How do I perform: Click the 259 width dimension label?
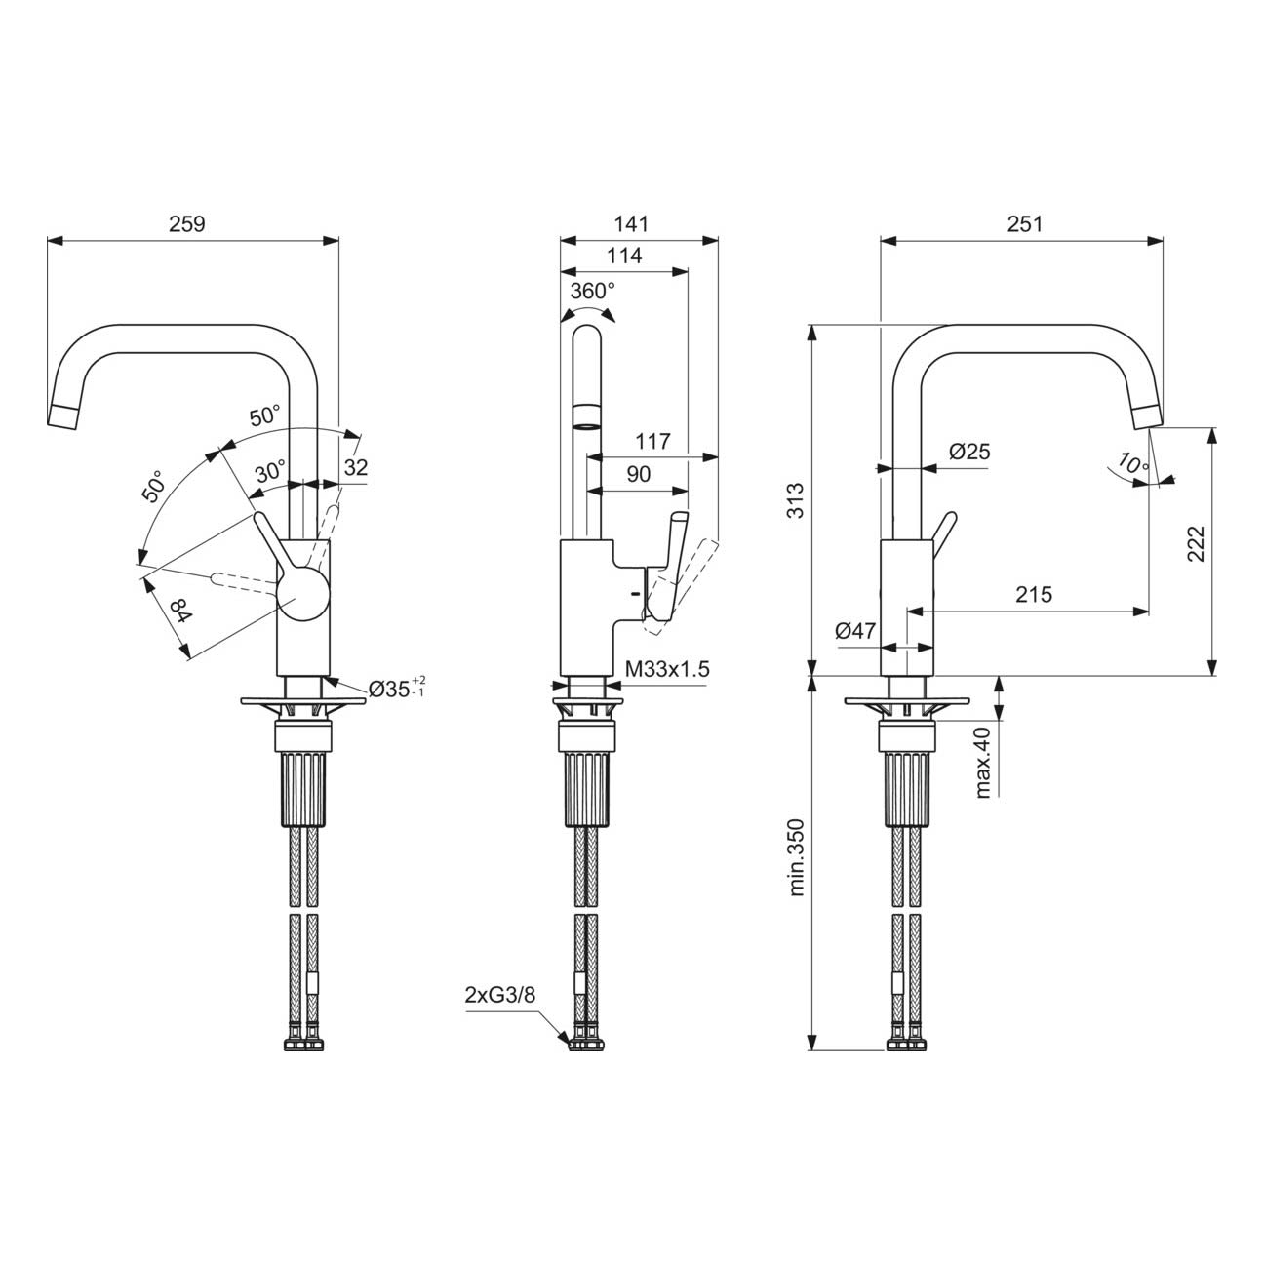[187, 224]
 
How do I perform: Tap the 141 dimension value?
[631, 224]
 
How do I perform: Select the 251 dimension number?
[1025, 224]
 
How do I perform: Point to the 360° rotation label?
[592, 291]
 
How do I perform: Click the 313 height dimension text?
[795, 500]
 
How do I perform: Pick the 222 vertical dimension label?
[1196, 543]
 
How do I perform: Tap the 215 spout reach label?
[1034, 594]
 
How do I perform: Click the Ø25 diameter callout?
[969, 452]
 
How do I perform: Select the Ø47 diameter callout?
[855, 631]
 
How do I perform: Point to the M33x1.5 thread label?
[667, 669]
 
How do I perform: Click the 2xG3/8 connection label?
[500, 995]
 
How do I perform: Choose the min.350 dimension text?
[795, 857]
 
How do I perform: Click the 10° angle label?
[1132, 464]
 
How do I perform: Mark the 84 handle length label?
[181, 612]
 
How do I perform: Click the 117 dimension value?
[652, 441]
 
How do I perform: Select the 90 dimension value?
[638, 474]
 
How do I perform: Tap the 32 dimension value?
[356, 468]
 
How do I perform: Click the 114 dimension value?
[624, 256]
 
